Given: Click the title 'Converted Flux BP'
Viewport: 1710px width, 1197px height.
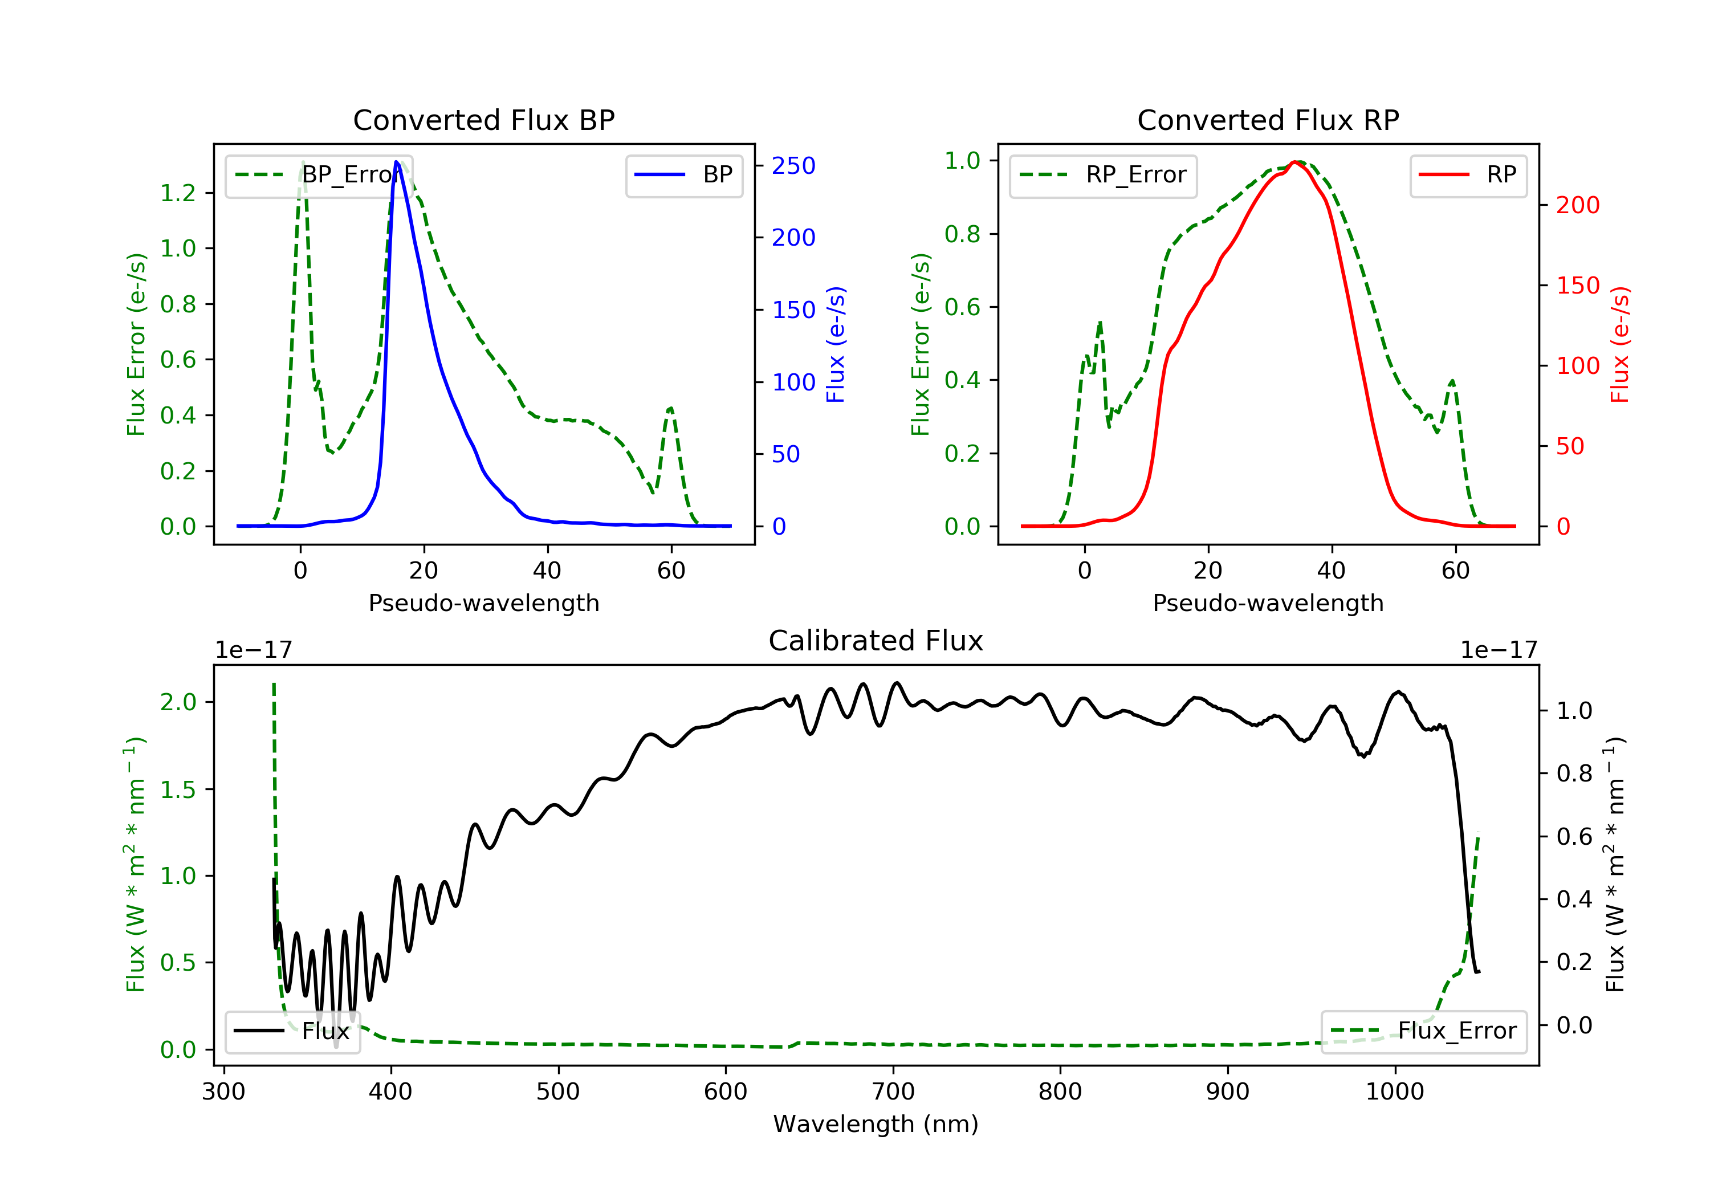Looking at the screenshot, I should click(x=483, y=120).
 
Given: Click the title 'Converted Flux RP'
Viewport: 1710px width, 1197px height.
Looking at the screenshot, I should click(x=1268, y=120).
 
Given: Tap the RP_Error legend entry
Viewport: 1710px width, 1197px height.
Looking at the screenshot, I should click(x=1103, y=175).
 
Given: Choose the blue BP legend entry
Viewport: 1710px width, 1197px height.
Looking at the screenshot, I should click(x=683, y=175).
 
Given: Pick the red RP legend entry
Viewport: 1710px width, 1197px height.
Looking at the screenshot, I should click(x=1468, y=175).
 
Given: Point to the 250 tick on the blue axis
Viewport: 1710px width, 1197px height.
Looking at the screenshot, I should click(x=793, y=165).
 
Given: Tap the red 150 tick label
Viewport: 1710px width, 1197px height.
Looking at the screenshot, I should click(x=1577, y=285).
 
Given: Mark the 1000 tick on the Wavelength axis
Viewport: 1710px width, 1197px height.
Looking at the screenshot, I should click(x=1394, y=1092).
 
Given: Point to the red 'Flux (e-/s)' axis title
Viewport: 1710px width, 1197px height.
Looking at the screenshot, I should click(x=1620, y=344).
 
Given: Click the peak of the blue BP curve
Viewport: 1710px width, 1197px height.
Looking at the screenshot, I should click(x=396, y=162).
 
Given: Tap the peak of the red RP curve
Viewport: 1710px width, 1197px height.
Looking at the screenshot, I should click(x=1296, y=162).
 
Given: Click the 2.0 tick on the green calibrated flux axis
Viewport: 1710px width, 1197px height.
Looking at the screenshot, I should click(x=178, y=702).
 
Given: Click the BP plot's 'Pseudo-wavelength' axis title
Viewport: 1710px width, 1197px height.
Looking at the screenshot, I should click(x=483, y=602).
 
